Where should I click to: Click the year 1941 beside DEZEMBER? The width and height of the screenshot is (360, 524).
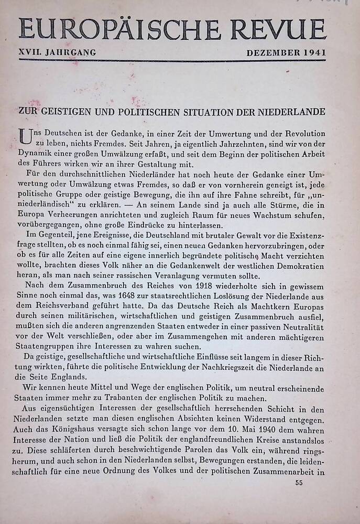[311, 53]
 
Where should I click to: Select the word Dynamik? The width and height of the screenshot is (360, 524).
[36, 155]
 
